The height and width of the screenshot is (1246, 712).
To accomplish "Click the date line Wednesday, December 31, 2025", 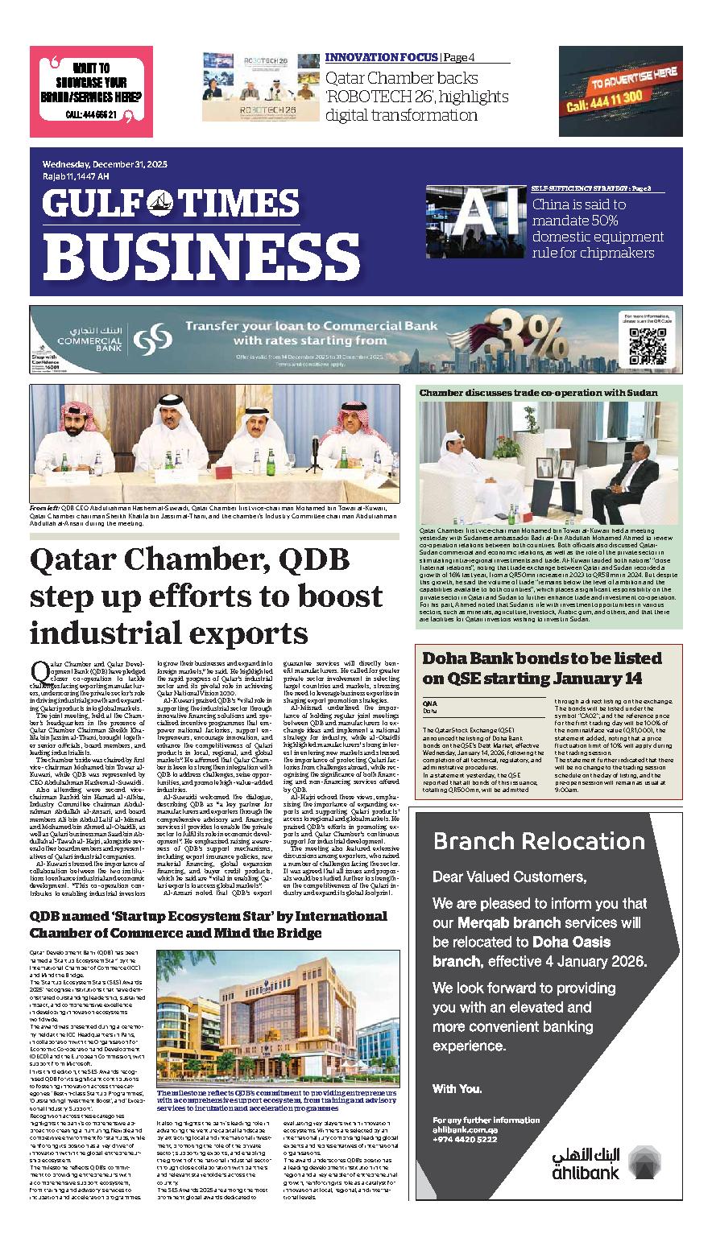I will (105, 164).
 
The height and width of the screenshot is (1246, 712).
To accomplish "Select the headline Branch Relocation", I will (539, 842).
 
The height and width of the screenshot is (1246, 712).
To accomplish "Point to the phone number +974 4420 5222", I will (465, 1139).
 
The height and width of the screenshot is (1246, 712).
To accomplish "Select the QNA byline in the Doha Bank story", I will (429, 703).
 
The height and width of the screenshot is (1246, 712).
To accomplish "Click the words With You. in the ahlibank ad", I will (457, 1088).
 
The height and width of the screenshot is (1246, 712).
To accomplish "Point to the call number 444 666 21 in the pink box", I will (91, 115).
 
